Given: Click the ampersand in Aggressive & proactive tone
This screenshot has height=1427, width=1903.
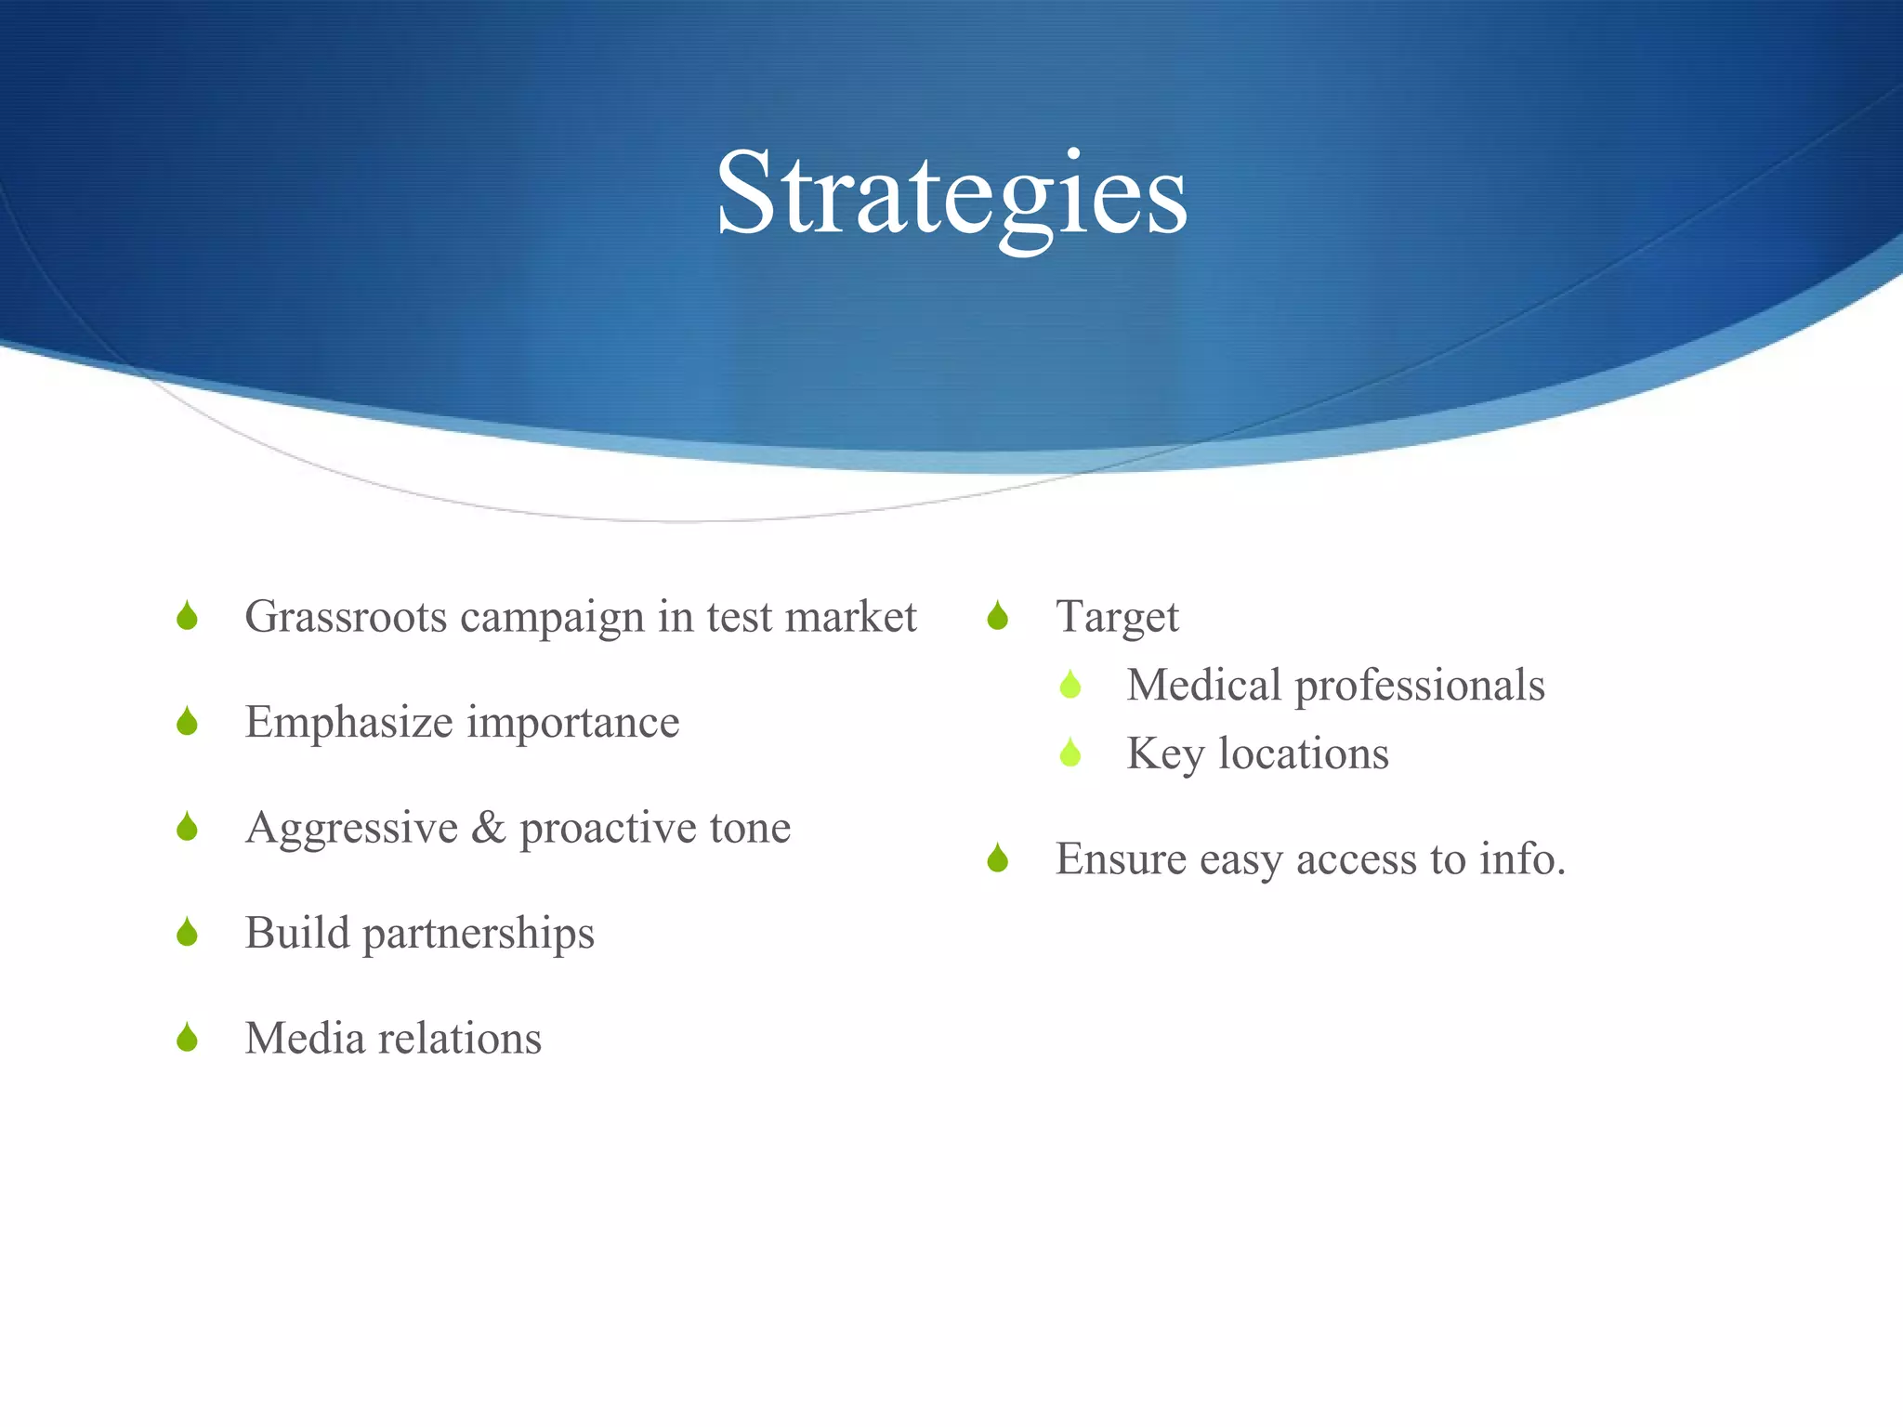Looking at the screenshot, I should point(489,828).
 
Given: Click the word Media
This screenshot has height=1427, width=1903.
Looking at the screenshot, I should point(305,1039).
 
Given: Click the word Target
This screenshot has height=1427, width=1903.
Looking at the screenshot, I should point(1117,618).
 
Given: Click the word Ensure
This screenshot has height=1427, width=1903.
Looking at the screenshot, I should point(1121,859).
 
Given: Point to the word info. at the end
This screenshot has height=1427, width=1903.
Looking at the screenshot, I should point(1522,859).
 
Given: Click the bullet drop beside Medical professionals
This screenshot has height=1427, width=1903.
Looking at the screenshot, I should point(1070,686).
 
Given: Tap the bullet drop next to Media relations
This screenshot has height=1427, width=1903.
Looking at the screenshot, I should point(187,1038).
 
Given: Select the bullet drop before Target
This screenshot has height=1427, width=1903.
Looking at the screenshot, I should point(998,616).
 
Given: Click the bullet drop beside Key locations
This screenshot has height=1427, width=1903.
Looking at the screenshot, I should point(1070,753).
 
